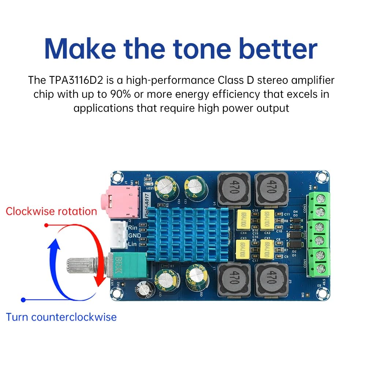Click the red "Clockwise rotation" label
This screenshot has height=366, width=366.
pyautogui.click(x=51, y=212)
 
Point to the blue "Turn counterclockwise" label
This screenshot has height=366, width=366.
pyautogui.click(x=61, y=317)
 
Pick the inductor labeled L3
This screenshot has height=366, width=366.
pyautogui.click(x=271, y=189)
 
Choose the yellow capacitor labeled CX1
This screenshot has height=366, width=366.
pyautogui.click(x=267, y=249)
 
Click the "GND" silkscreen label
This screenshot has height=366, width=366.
pyautogui.click(x=134, y=236)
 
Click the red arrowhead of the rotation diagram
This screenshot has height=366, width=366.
pyautogui.click(x=97, y=282)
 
